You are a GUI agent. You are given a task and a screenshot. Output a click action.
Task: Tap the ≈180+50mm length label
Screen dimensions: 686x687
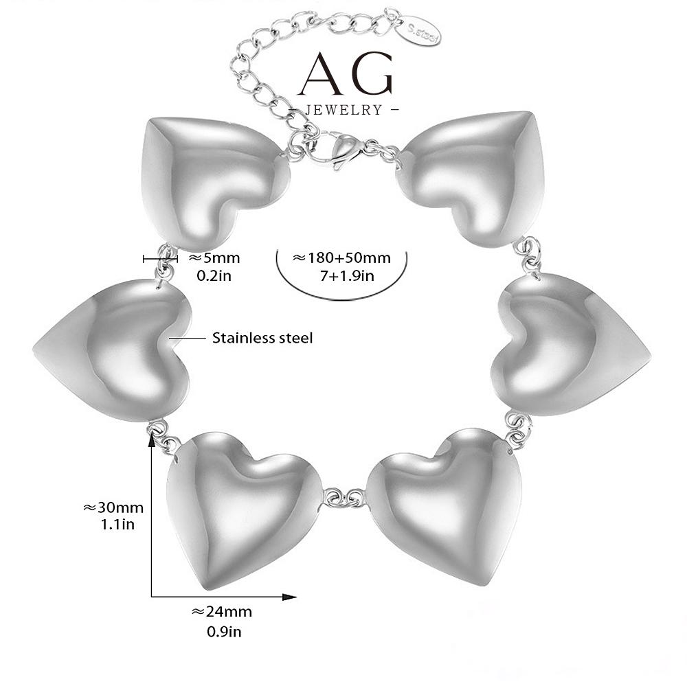341,258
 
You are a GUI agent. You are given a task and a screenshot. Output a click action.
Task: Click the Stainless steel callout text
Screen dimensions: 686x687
262,338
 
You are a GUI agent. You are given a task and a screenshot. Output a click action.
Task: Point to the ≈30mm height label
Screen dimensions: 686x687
113,508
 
